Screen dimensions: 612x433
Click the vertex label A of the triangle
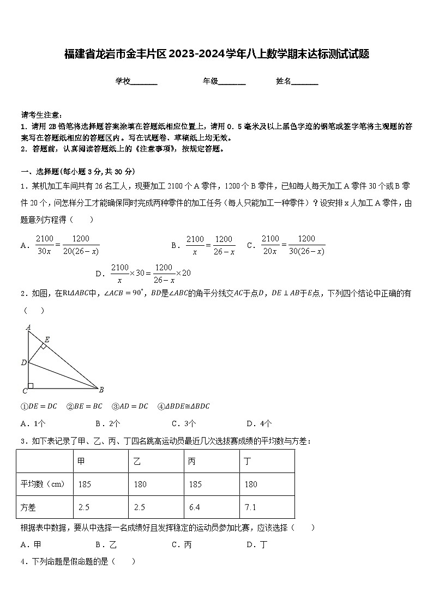click(x=28, y=327)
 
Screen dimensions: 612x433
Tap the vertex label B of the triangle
click(x=101, y=389)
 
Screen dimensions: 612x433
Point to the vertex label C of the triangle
click(x=25, y=391)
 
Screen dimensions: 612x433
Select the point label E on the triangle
click(x=47, y=340)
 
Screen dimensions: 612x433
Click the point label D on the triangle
click(x=23, y=362)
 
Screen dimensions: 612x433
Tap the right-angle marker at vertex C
click(x=31, y=386)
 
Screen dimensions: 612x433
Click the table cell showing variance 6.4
click(x=195, y=507)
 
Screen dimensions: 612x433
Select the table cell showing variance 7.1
click(x=250, y=507)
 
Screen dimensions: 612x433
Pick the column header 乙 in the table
click(x=137, y=462)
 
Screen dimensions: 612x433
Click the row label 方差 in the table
click(x=28, y=507)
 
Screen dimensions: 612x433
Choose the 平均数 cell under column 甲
click(x=84, y=484)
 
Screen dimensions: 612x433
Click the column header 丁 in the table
click(x=248, y=462)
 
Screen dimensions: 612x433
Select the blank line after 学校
click(x=144, y=82)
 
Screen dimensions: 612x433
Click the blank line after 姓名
click(x=305, y=82)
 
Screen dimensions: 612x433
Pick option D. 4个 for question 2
click(x=259, y=423)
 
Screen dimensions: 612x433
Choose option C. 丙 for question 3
click(x=182, y=544)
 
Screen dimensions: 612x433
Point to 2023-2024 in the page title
click(x=199, y=54)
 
